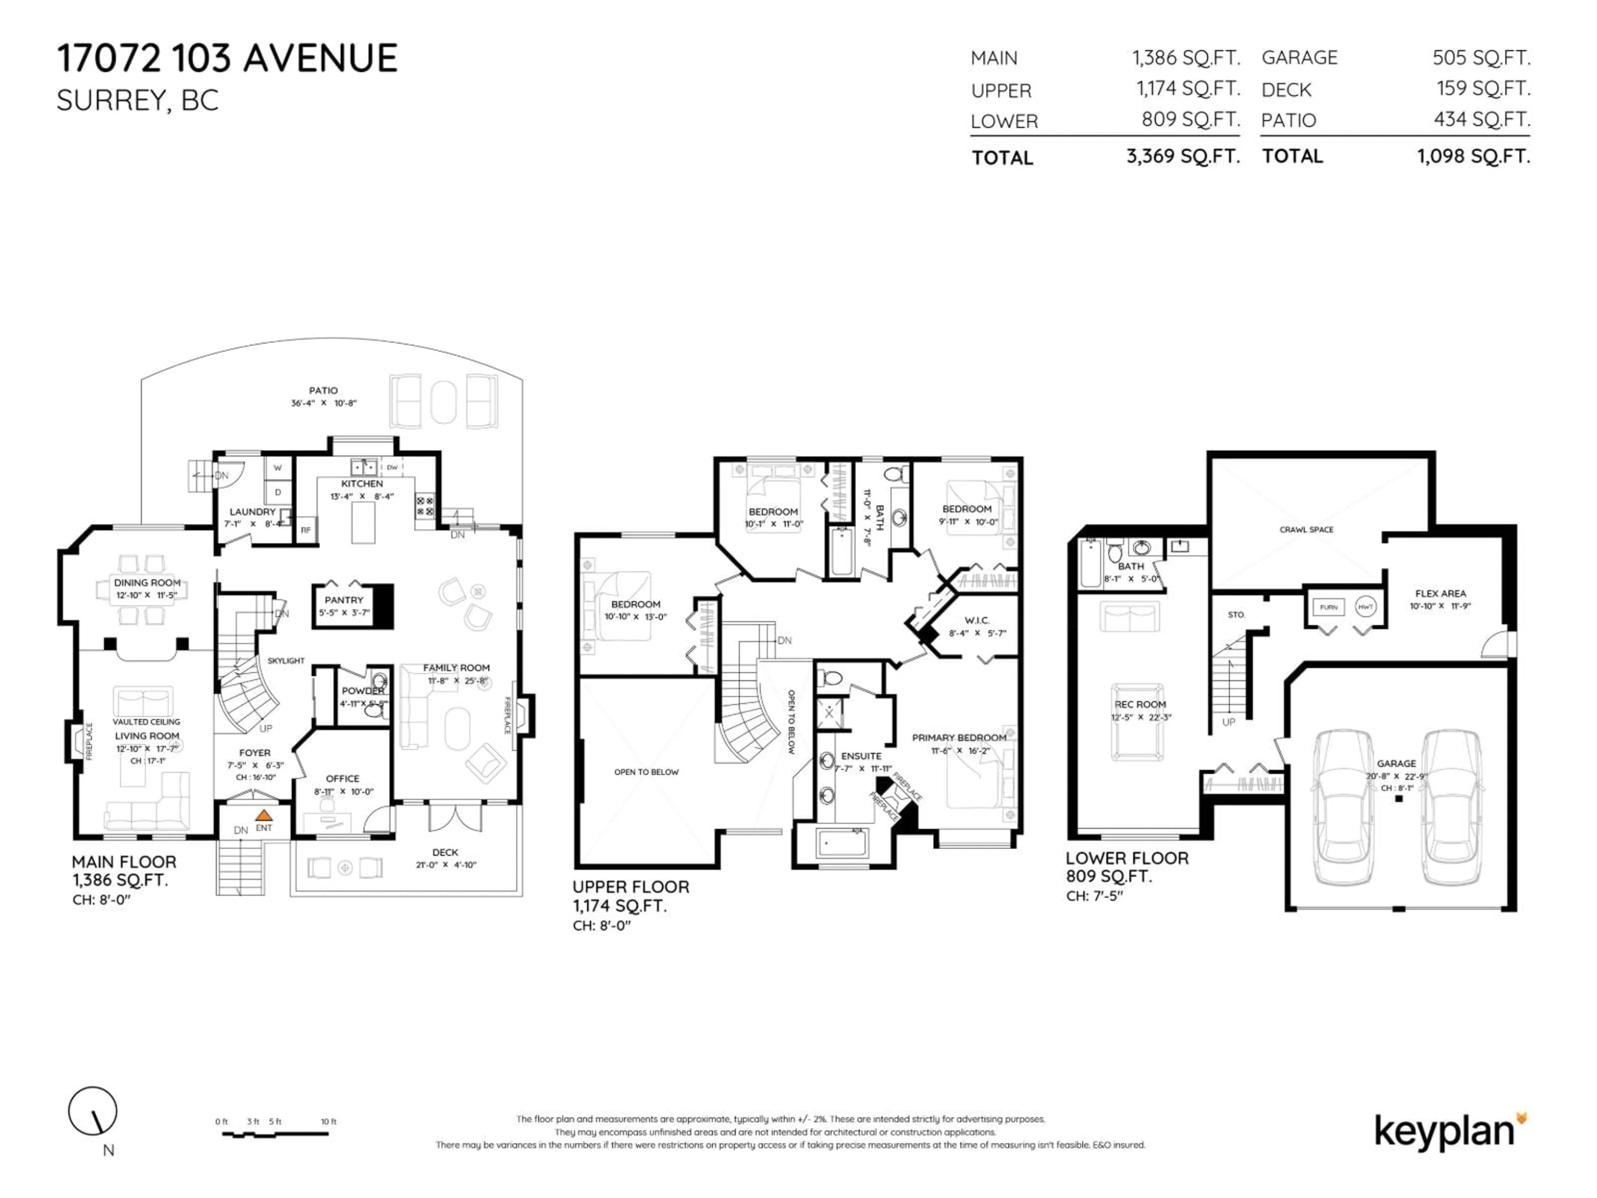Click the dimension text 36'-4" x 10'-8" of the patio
(324, 403)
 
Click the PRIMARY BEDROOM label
(959, 737)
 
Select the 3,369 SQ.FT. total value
(1183, 156)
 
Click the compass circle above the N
(92, 1111)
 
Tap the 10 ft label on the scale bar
(329, 1121)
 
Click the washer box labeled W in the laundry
(278, 468)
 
